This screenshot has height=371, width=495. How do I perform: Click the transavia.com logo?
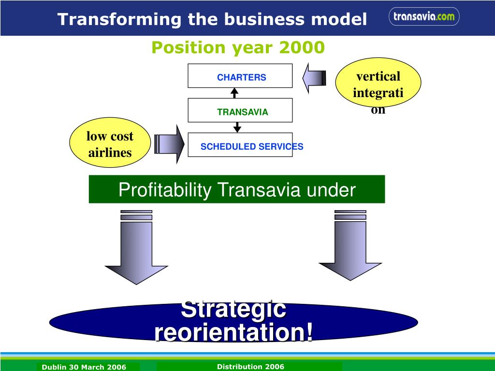[423, 17]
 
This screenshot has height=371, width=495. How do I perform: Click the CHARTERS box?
[240, 76]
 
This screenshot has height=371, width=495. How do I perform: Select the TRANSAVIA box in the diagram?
[240, 110]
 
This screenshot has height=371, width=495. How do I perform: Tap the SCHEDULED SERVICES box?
[240, 145]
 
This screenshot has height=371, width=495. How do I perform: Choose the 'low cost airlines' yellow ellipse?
[110, 144]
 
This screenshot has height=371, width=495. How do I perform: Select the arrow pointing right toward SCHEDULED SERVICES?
[169, 144]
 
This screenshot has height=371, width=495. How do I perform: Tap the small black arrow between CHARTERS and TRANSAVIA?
[235, 93]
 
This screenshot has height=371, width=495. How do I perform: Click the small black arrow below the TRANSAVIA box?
[237, 127]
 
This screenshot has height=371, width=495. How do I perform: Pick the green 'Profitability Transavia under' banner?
[237, 189]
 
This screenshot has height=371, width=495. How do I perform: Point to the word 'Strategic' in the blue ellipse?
[233, 310]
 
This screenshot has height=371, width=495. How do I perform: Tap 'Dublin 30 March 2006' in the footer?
[84, 367]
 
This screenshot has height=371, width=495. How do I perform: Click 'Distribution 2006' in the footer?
[250, 367]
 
